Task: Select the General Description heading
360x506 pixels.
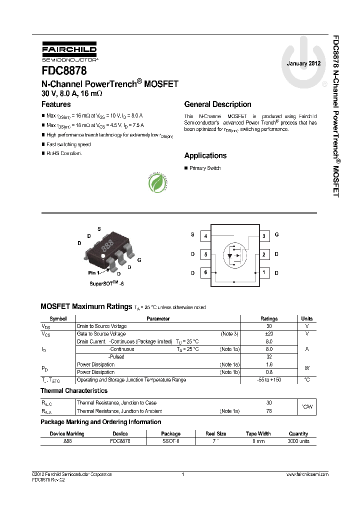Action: click(217, 104)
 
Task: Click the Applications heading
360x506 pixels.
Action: click(205, 155)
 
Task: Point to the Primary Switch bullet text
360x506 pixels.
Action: click(205, 168)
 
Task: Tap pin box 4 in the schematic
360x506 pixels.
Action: click(205, 235)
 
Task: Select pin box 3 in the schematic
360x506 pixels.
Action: click(263, 235)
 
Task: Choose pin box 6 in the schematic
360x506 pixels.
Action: click(205, 272)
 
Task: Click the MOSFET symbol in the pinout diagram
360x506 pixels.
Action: click(234, 254)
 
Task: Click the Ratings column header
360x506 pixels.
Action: click(269, 318)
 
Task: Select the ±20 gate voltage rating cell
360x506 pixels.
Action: click(269, 333)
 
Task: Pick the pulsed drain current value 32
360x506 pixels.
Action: click(269, 357)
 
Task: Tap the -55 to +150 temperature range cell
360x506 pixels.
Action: click(269, 380)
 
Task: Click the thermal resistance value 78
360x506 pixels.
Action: click(269, 411)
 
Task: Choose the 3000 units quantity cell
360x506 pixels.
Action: click(298, 441)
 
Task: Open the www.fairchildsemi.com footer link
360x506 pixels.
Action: click(307, 474)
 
